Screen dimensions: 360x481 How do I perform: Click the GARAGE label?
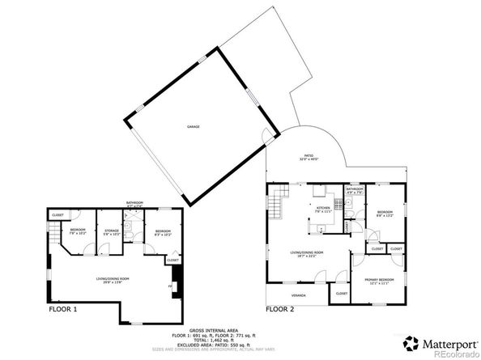click(194, 127)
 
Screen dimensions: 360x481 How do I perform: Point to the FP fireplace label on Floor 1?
click(169, 286)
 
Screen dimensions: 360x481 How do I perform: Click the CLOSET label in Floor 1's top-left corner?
click(57, 214)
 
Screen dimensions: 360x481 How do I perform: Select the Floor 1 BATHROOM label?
click(134, 203)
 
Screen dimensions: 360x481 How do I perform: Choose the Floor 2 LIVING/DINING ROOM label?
click(307, 253)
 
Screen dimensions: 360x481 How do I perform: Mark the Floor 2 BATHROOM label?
click(355, 190)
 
